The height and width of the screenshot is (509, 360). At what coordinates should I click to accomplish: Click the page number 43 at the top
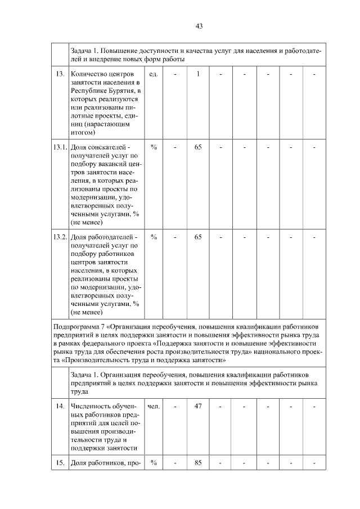[199, 26]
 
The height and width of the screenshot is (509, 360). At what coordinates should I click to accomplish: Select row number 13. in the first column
[59, 74]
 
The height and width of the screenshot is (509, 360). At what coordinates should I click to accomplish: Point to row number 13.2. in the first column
[60, 237]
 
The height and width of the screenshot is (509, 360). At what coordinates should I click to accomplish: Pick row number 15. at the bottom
[59, 463]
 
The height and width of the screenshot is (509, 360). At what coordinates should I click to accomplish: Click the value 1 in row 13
[198, 74]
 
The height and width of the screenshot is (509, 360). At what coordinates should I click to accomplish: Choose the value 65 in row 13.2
[198, 237]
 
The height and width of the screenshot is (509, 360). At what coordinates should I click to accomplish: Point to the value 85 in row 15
[198, 463]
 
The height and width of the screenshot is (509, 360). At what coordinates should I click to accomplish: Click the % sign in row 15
[154, 463]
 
